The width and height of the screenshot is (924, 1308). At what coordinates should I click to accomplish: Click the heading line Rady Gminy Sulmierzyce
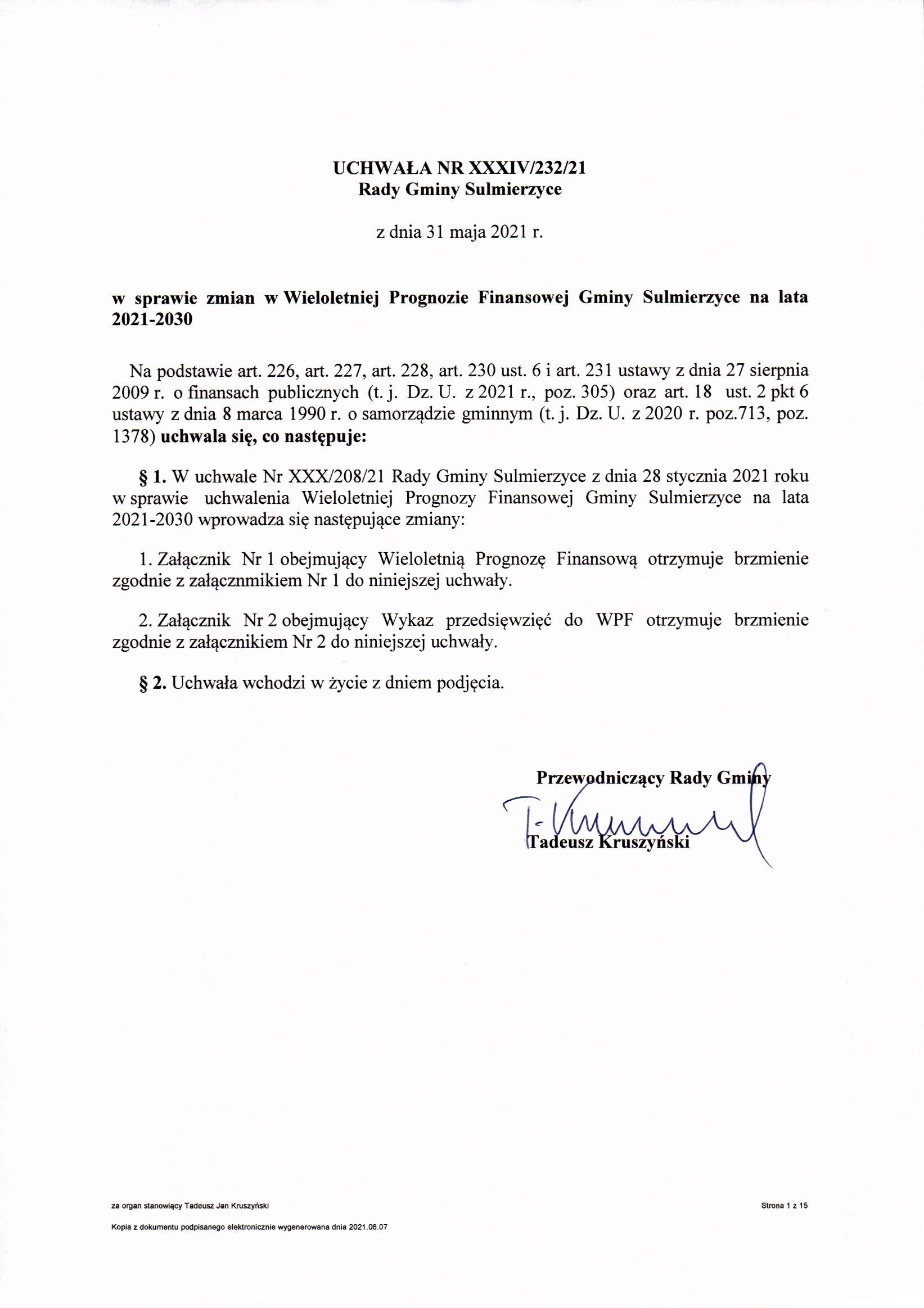point(459,189)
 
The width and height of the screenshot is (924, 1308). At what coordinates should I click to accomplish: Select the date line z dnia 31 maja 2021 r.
point(459,233)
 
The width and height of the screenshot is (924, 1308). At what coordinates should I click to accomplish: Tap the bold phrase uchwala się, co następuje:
point(263,437)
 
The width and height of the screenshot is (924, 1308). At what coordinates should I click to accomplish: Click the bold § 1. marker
point(152,476)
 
